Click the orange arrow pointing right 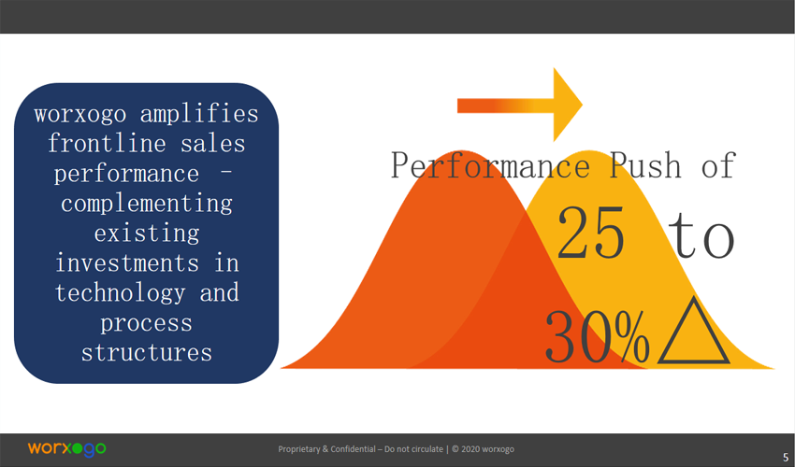click(520, 105)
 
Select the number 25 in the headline click(590, 233)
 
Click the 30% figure click(598, 336)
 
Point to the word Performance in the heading click(490, 165)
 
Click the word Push click(645, 165)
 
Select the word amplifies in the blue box click(198, 113)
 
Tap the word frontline click(107, 143)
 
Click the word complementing click(147, 204)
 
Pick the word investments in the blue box click(127, 262)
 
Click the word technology click(120, 293)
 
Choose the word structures click(147, 352)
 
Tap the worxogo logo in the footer click(67, 448)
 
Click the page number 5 click(786, 457)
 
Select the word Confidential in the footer click(354, 449)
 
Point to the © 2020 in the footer click(466, 449)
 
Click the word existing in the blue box click(147, 233)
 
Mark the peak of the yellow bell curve click(588, 151)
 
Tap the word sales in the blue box click(213, 143)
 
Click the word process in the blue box click(146, 324)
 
